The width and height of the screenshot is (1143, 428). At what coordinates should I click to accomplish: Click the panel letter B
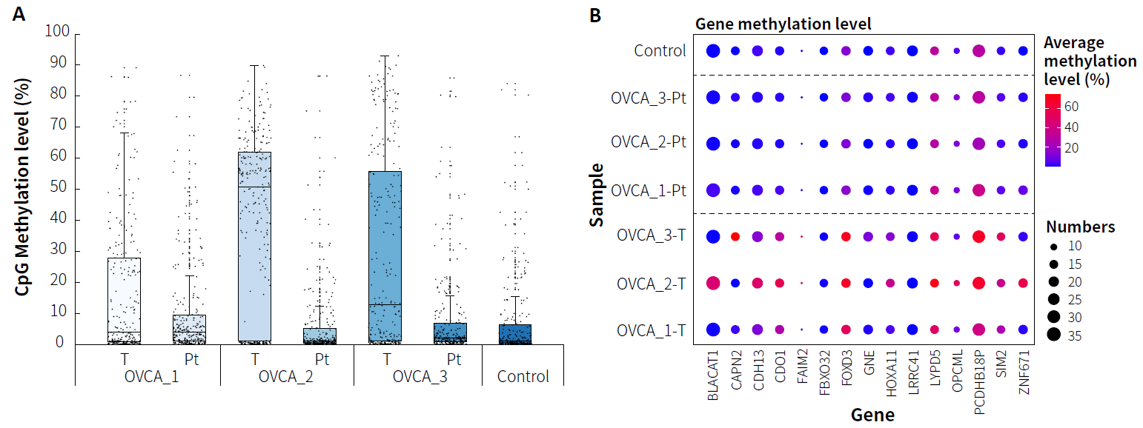pyautogui.click(x=595, y=14)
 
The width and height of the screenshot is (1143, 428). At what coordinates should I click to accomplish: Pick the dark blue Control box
pyautogui.click(x=514, y=334)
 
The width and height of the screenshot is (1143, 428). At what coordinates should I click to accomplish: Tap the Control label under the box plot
pyautogui.click(x=523, y=376)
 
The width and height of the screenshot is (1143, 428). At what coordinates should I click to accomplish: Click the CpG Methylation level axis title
pyautogui.click(x=24, y=188)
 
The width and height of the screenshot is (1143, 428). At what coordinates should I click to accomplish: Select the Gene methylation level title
pyautogui.click(x=783, y=24)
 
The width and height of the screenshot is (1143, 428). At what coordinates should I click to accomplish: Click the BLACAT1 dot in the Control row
pyautogui.click(x=713, y=51)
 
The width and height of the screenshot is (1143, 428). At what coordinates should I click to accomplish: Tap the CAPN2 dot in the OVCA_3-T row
pyautogui.click(x=735, y=237)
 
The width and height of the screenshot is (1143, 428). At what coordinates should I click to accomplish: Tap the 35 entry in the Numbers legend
pyautogui.click(x=1053, y=335)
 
